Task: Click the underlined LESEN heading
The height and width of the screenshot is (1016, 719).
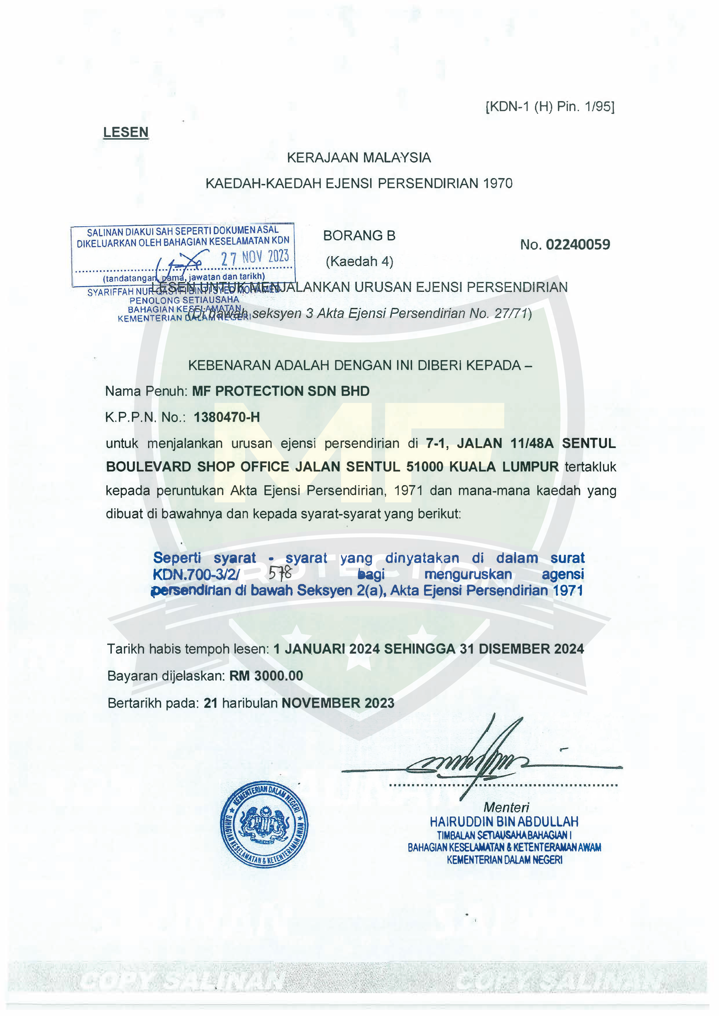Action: [x=126, y=132]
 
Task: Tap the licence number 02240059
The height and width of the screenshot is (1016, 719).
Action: [x=578, y=245]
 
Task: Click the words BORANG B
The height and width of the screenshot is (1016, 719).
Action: [x=359, y=236]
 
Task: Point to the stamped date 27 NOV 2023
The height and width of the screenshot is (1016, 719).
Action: [x=255, y=257]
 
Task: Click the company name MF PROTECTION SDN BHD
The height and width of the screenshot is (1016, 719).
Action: [x=281, y=391]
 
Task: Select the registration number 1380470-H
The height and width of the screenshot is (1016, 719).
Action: [x=227, y=417]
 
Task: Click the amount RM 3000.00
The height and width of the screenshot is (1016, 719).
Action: [x=266, y=676]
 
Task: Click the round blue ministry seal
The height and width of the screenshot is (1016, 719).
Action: [x=265, y=825]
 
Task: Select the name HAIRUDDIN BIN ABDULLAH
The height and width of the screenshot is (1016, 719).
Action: [x=504, y=822]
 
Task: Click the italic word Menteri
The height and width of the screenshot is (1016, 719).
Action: [x=506, y=807]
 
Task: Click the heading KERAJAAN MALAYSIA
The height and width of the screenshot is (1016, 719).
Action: [x=359, y=158]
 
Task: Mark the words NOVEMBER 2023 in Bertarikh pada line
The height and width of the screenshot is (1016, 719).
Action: [x=338, y=703]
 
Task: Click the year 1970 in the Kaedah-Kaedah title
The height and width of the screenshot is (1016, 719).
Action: [x=498, y=184]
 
